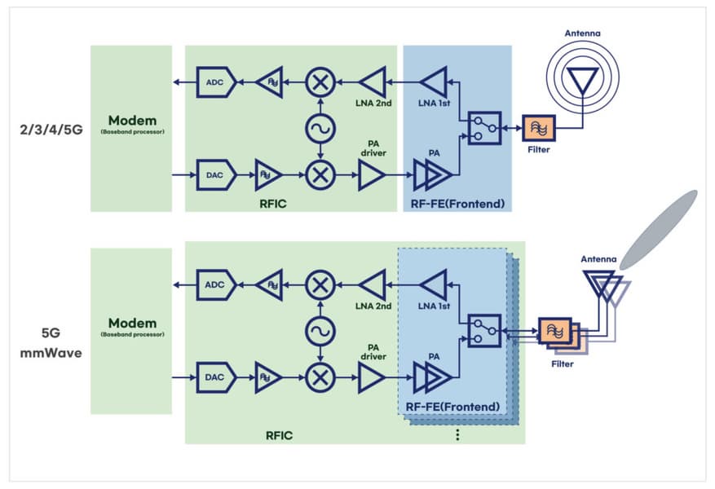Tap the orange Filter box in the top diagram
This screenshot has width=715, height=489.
coord(538,129)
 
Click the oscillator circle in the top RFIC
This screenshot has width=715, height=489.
coord(320,128)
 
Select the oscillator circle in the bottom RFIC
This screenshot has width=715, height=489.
coord(320,331)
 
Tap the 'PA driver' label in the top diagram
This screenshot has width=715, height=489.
coord(371,147)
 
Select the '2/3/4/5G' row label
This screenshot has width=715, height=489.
coord(50,129)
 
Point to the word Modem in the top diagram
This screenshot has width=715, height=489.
coord(130,119)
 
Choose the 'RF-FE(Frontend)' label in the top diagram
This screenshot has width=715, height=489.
coord(457,201)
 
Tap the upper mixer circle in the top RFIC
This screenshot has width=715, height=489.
coord(320,81)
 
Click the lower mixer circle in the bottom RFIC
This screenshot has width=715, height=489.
coord(320,377)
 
